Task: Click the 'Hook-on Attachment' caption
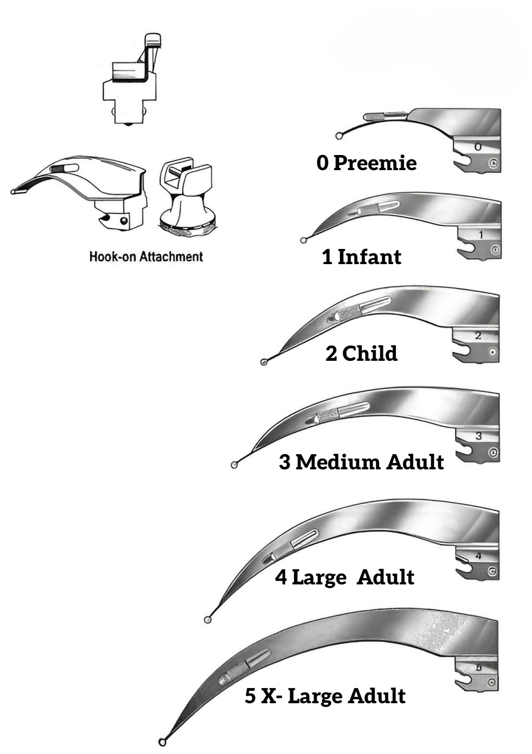(146, 257)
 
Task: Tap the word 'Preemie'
(375, 163)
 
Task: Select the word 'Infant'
(369, 257)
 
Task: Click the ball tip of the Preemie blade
(339, 136)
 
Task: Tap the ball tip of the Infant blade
(303, 240)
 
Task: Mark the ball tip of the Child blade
(264, 362)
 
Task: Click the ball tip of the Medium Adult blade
(235, 465)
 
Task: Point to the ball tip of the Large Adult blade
(208, 620)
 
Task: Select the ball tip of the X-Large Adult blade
(162, 742)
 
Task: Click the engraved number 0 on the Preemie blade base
(478, 147)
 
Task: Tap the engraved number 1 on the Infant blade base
(481, 234)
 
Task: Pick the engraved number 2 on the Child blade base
(478, 335)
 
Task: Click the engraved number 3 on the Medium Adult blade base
(479, 436)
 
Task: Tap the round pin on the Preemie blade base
(494, 164)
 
